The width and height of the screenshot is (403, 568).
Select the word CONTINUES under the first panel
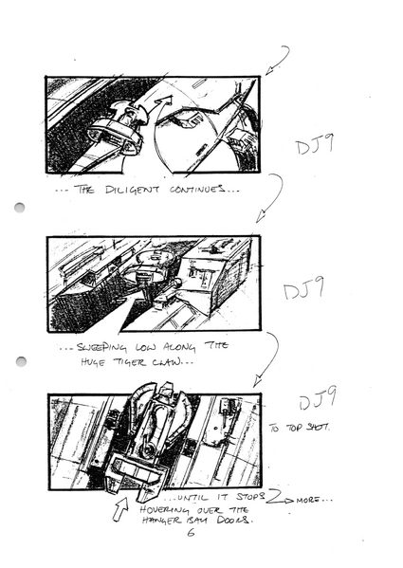point(197,190)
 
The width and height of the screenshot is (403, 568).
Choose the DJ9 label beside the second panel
point(303,295)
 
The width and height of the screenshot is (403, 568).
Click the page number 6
point(189,538)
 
